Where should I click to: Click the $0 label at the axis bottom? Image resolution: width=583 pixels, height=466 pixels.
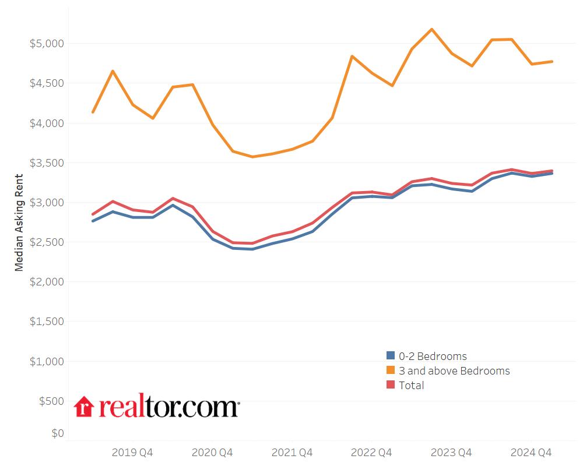click(57, 433)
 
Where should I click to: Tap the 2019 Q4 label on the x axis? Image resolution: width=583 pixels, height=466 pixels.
click(132, 452)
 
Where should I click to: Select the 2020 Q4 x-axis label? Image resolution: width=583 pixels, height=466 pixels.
click(212, 452)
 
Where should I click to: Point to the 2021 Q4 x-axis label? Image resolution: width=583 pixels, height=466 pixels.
click(292, 452)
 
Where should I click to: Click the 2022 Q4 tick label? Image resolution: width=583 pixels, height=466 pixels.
click(372, 452)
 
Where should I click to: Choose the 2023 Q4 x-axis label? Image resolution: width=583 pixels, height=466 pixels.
click(451, 452)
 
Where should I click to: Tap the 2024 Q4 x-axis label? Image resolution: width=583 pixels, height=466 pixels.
click(531, 452)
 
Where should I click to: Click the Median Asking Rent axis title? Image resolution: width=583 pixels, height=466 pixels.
click(19, 223)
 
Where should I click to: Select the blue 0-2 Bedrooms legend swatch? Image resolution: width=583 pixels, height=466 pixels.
click(391, 356)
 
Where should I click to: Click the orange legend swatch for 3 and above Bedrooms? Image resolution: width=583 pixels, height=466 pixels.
click(391, 370)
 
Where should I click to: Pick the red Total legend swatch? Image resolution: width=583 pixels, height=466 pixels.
click(391, 385)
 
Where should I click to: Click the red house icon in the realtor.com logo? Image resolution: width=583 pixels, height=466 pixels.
click(85, 407)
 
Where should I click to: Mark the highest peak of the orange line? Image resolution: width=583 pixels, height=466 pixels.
click(431, 29)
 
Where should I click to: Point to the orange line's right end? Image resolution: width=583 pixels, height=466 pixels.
click(552, 61)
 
